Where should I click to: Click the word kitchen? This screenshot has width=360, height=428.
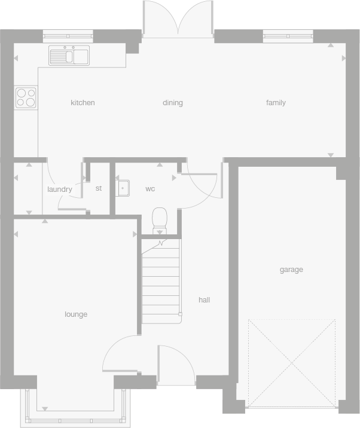[x=83, y=103]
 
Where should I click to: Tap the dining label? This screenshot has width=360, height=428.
[x=172, y=103]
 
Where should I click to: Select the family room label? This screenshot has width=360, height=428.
[x=276, y=103]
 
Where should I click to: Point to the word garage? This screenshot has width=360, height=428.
[x=291, y=270]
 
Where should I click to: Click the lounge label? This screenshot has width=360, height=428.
[x=76, y=314]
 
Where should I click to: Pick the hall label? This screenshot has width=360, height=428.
[x=204, y=300]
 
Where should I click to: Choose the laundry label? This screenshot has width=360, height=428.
[x=59, y=189]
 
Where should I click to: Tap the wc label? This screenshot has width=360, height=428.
[x=150, y=189]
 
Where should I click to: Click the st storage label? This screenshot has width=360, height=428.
[x=99, y=188]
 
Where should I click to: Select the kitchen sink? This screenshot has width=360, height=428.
[x=69, y=56]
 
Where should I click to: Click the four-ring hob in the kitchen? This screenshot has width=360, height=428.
[x=26, y=97]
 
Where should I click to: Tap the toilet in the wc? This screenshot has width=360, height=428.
[x=160, y=221]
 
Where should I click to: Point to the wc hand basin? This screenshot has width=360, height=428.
[x=123, y=188]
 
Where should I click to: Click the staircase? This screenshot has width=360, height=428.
[x=161, y=281]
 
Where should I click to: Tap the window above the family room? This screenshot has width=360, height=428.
[x=288, y=35]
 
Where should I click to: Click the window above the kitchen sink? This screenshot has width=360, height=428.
[x=69, y=35]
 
